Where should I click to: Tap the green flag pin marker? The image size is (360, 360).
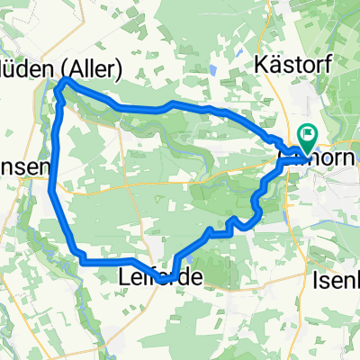coord(308,138)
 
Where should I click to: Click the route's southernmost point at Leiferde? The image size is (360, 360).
coord(162,280)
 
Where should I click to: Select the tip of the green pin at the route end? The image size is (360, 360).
coord(308,151)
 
